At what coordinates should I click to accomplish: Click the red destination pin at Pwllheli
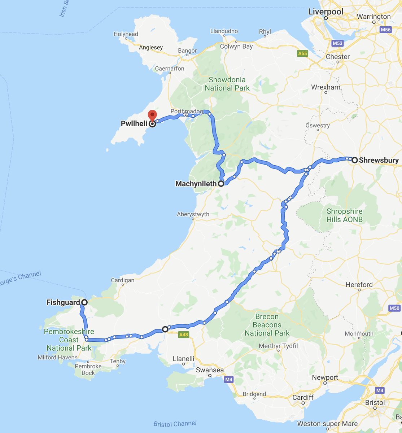(x=152, y=115)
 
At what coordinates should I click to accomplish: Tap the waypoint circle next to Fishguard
(x=84, y=302)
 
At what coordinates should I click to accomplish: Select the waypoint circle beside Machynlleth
(x=221, y=184)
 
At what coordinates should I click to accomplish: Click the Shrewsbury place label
(x=379, y=160)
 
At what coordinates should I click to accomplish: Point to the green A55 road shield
(x=302, y=53)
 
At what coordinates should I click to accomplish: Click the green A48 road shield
(x=183, y=335)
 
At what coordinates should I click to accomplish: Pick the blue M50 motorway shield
(x=394, y=308)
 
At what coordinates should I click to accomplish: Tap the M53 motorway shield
(x=337, y=44)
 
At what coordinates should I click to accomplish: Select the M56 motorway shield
(x=385, y=30)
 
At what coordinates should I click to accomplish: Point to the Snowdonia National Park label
(x=227, y=84)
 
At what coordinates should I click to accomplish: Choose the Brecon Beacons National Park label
(x=267, y=325)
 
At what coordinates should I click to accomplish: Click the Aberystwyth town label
(x=193, y=214)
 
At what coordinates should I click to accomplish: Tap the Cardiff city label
(x=303, y=397)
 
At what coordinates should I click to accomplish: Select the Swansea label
(x=210, y=370)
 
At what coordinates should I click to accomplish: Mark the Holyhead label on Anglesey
(x=126, y=34)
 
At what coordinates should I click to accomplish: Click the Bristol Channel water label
(x=175, y=424)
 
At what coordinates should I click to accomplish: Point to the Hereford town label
(x=359, y=285)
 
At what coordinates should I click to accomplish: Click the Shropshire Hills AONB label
(x=344, y=215)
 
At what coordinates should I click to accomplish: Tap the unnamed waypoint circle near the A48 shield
(x=165, y=329)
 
